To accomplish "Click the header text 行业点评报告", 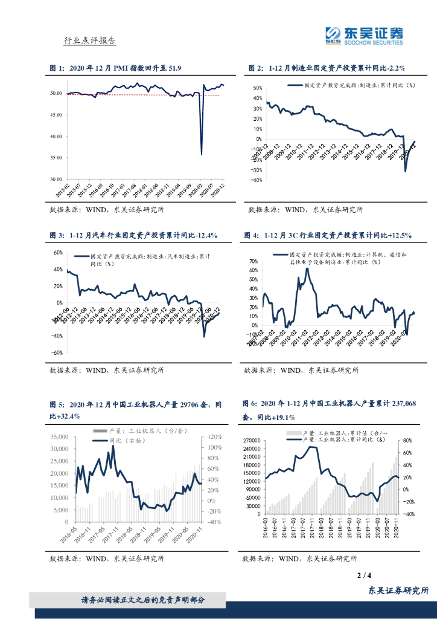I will (x=89, y=41).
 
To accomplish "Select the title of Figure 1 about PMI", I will (x=115, y=68).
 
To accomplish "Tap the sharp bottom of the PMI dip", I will (x=201, y=154).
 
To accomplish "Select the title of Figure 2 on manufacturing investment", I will (x=327, y=68).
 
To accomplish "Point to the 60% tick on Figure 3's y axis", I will (x=58, y=253).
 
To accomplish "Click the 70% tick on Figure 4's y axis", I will (x=254, y=261).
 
